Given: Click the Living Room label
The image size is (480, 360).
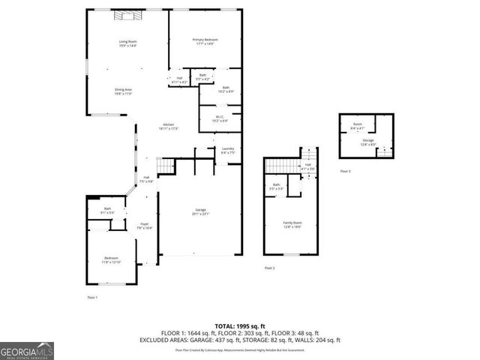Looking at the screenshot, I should [127, 43].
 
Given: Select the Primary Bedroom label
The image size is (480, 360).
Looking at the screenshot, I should [205, 41].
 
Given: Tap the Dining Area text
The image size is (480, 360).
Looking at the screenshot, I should [124, 91].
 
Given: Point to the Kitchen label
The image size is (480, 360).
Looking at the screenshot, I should [169, 127].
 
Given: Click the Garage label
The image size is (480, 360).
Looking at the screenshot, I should [200, 212].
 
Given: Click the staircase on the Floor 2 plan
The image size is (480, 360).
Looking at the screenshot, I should [283, 165].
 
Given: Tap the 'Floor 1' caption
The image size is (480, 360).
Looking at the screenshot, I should [92, 298].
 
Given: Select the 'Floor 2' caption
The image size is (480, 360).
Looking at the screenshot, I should [269, 268].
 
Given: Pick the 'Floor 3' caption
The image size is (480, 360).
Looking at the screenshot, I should [344, 172].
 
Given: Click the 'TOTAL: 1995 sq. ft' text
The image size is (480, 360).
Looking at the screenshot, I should [239, 325].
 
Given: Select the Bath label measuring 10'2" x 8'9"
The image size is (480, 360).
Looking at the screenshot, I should [226, 89].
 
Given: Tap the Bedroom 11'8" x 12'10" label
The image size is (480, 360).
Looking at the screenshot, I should [111, 259].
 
